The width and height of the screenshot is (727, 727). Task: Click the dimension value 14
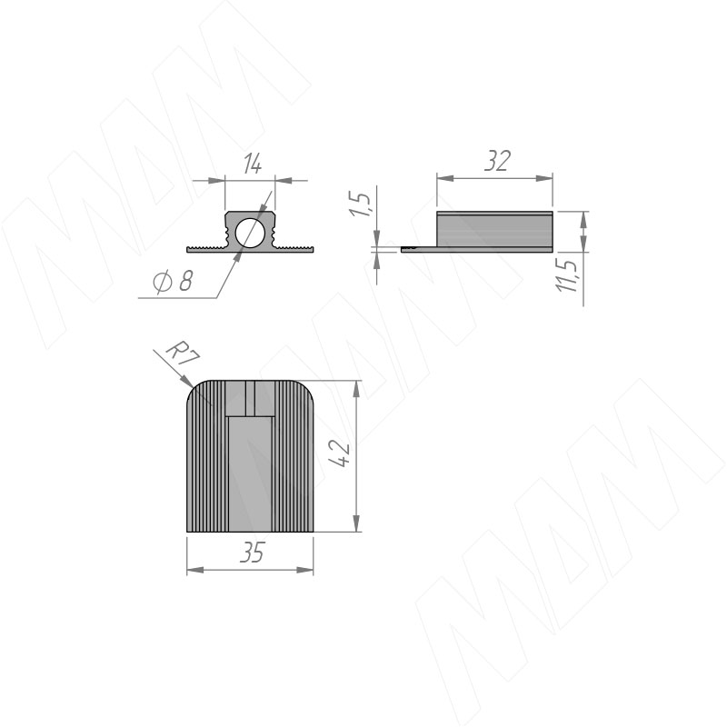tap(253, 164)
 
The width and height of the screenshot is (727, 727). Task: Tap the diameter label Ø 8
tap(173, 281)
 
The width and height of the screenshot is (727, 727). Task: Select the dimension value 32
tap(497, 161)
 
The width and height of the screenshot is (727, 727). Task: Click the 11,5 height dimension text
tap(567, 275)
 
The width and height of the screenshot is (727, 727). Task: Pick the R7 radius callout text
tap(184, 354)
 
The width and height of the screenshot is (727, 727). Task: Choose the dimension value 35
tap(252, 553)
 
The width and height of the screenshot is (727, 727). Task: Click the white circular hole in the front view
tap(249, 233)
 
